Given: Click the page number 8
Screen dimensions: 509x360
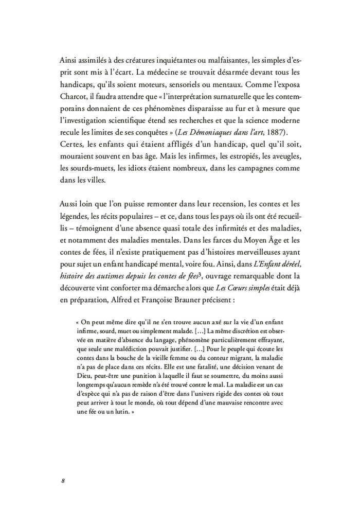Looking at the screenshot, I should pyautogui.click(x=62, y=481).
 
